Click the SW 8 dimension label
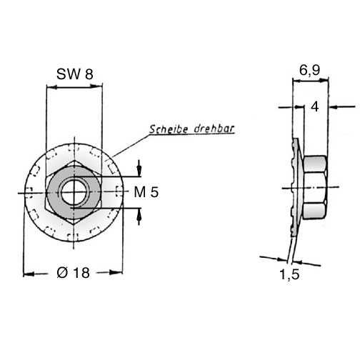pos(75,74)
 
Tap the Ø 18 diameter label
pos(73,272)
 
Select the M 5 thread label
pos(146,192)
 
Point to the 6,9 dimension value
pos(309,70)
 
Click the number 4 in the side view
pos(315,106)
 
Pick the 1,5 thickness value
pos(289,274)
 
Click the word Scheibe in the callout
pos(169,129)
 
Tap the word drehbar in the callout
pos(214,129)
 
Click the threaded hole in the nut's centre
pos(74,193)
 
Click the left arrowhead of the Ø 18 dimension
pos(29,274)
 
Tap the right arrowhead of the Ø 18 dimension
pos(116,272)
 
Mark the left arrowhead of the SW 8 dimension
pos(52,87)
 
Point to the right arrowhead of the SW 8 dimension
pos(96,86)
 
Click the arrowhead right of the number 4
pos(334,107)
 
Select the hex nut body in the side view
pos(315,187)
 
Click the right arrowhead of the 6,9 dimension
pos(324,80)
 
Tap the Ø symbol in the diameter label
pos(62,272)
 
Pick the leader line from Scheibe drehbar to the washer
pos(131,146)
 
